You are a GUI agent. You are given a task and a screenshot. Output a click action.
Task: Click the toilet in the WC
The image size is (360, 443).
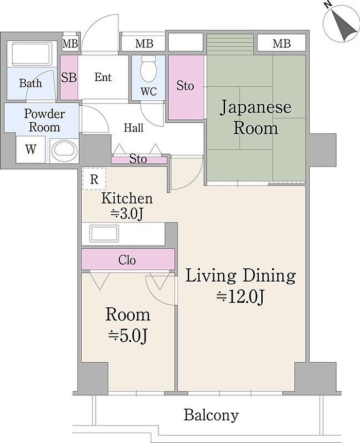pyautogui.click(x=149, y=69)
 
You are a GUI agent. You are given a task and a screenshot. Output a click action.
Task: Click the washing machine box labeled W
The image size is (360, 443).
pyautogui.click(x=30, y=150)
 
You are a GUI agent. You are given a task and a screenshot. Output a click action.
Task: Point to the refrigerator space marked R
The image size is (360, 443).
pyautogui.click(x=94, y=178)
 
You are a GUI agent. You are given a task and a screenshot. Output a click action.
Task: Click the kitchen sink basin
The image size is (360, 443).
pyautogui.click(x=104, y=233)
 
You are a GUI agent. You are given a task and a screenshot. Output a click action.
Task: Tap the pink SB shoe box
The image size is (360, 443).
pyautogui.click(x=69, y=78)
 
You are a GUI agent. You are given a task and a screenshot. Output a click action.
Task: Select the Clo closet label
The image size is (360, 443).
pyautogui.click(x=127, y=260)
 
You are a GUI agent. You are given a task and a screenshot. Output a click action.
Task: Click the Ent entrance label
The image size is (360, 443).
pyautogui.click(x=103, y=77)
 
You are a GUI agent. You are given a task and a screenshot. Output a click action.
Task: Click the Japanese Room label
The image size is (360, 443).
pyautogui.click(x=256, y=117)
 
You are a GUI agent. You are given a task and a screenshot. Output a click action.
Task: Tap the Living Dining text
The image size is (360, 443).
pyautogui.click(x=240, y=276)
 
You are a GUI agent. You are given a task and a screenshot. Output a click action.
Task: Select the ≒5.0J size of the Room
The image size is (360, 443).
pyautogui.click(x=127, y=336)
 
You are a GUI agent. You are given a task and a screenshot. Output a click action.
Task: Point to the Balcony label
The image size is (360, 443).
pyautogui.click(x=211, y=415)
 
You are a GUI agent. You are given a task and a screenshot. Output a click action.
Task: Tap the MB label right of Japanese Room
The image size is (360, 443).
pyautogui.click(x=281, y=44)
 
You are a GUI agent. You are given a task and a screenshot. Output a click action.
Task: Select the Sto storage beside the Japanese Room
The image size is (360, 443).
pyautogui.click(x=186, y=87)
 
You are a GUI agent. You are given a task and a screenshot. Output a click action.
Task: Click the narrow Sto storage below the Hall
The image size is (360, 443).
pyautogui.click(x=139, y=160)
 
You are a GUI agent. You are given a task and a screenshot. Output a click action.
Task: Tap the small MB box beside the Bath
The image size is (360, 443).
pyautogui.click(x=70, y=44)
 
